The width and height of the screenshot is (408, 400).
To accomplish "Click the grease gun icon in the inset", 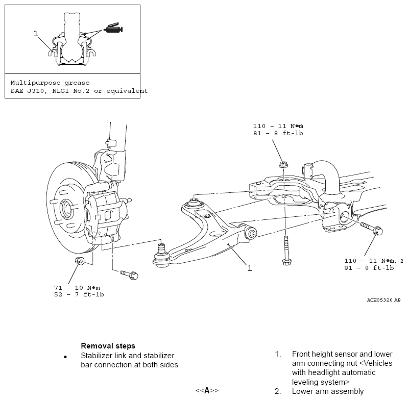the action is tap(113, 28).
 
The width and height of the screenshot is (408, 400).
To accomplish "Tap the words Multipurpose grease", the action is tap(50, 83).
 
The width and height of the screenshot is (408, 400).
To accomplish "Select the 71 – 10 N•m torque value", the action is tap(77, 288).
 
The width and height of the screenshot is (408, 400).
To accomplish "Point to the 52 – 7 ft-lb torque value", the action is tap(79, 294).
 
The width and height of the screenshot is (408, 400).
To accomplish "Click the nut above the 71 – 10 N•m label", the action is tap(80, 261).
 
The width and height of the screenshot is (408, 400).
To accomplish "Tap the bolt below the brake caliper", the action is tap(129, 274).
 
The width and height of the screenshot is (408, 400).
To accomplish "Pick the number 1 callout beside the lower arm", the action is tap(250, 268).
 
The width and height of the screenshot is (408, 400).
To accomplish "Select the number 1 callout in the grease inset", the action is tap(36, 34).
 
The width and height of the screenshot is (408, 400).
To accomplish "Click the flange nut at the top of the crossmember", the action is tap(283, 164).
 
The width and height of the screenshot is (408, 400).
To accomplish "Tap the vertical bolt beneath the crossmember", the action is tap(286, 251).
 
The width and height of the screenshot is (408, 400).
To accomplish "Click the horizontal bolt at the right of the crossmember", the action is tap(371, 228).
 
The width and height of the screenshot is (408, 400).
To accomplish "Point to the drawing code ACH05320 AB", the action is tap(383, 300).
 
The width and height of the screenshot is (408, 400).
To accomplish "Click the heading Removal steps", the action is tap(108, 346).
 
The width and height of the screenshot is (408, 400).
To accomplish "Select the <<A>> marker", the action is tap(207, 390).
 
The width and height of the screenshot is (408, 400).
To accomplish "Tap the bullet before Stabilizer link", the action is tap(65, 357).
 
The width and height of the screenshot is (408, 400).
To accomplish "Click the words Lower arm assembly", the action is tap(328, 391).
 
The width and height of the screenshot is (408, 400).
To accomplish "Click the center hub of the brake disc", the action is tap(66, 208).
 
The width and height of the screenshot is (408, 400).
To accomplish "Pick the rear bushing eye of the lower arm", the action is tap(251, 233).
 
